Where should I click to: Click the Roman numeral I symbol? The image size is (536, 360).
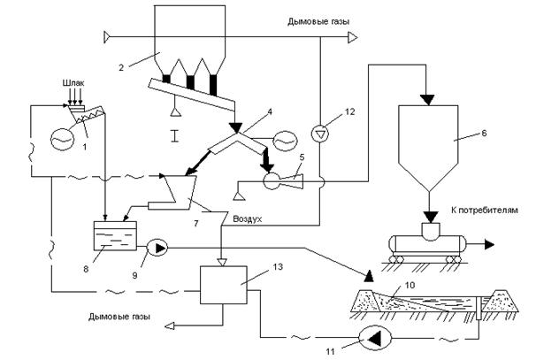pyautogui.click(x=173, y=136)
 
